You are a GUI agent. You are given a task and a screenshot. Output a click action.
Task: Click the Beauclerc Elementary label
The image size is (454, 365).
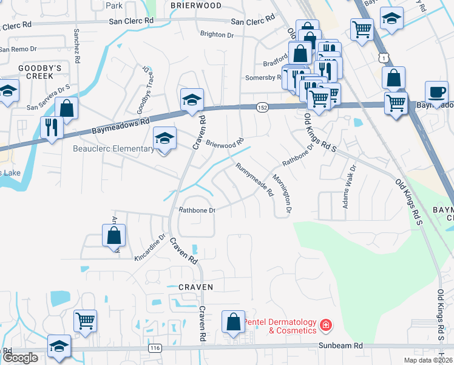click(113, 149)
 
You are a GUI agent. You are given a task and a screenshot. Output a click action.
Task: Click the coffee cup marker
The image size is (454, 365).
click(436, 93)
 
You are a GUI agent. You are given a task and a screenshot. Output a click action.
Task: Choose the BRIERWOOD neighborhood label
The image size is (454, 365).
click(195, 5)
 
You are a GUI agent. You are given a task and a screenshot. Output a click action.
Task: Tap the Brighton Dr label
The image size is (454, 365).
click(217, 35)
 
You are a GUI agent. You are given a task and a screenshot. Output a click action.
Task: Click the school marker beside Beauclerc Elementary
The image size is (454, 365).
click(164, 139)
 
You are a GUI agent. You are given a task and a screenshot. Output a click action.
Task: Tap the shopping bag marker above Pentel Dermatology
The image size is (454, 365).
click(234, 322)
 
